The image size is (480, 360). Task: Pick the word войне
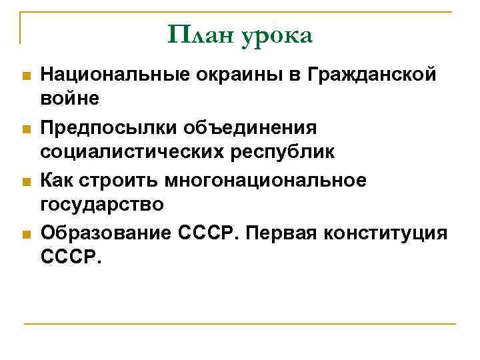pyautogui.click(x=69, y=99)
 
